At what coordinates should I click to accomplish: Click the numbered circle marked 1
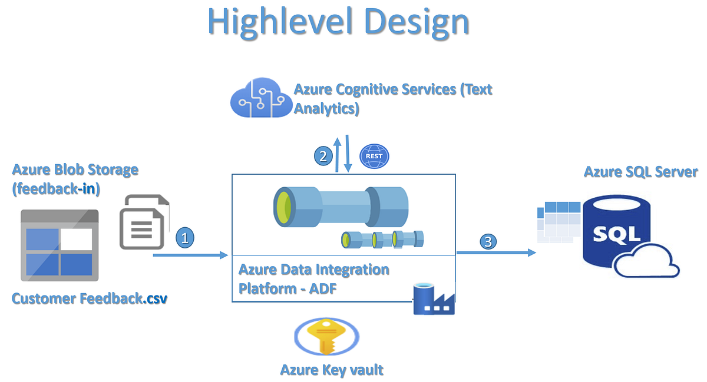(x=185, y=238)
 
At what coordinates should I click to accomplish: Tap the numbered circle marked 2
(x=322, y=156)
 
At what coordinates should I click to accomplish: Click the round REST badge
(x=374, y=156)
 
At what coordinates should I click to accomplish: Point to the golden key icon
(x=326, y=338)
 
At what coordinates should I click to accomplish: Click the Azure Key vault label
(x=332, y=370)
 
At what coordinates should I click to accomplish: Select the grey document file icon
(x=144, y=222)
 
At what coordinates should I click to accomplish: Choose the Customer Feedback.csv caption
(x=90, y=298)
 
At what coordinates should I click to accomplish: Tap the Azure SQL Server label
(x=640, y=172)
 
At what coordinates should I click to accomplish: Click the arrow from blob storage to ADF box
(x=190, y=255)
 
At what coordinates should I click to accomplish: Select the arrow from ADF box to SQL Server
(x=496, y=253)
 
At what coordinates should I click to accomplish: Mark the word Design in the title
(x=415, y=22)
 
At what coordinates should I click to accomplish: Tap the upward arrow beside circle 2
(x=337, y=156)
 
